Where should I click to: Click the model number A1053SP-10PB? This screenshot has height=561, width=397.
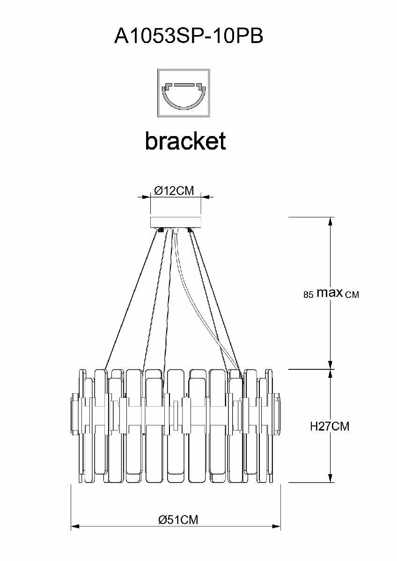(188, 36)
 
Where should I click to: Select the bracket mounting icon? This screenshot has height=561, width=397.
(184, 93)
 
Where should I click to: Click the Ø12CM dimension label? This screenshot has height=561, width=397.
(174, 191)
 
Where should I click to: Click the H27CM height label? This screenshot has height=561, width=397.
(330, 426)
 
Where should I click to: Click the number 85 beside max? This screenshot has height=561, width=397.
(308, 295)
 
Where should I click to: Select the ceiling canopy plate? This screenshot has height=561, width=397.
(176, 222)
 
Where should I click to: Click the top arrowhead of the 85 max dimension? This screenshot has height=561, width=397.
(331, 222)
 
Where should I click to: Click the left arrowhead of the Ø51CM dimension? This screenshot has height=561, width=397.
(75, 527)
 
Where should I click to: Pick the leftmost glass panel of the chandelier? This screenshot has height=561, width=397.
(75, 413)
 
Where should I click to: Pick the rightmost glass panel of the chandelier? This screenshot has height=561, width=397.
(277, 413)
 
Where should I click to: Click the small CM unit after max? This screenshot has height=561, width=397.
(352, 295)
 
